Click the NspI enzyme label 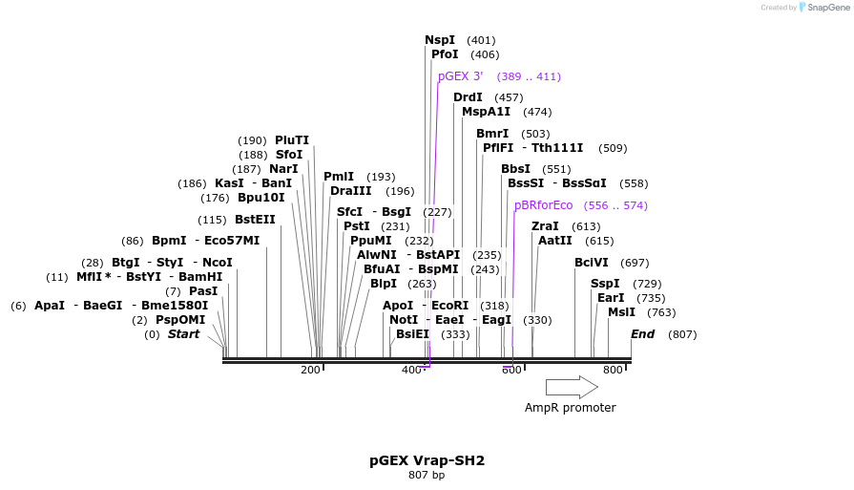(440, 40)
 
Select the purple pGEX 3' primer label (460, 76)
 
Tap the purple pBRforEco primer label (543, 205)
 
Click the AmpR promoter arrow (572, 387)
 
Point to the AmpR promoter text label (570, 408)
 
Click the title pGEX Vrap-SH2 (427, 460)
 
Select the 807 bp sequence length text (427, 475)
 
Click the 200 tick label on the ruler (310, 370)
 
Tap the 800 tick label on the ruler (613, 370)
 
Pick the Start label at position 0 (184, 334)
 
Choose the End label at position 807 (642, 334)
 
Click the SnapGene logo (823, 8)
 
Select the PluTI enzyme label (292, 140)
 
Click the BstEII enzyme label (255, 220)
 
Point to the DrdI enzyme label (468, 97)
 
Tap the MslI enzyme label (621, 312)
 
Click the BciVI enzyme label (591, 263)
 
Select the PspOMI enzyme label (180, 320)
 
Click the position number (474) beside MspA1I (537, 112)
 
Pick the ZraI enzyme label (545, 226)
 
